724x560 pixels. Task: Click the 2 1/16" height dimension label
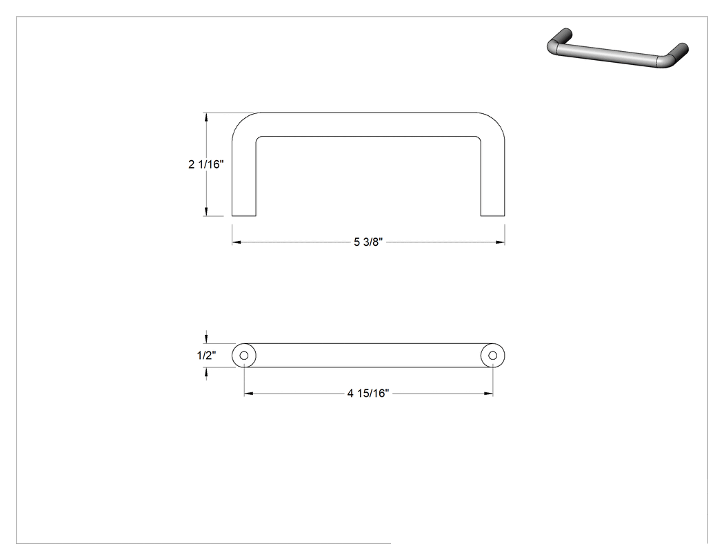[x=206, y=164]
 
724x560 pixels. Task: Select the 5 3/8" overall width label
[x=368, y=242]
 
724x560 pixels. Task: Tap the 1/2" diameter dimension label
[x=206, y=355]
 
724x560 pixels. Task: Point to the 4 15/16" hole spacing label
[x=368, y=393]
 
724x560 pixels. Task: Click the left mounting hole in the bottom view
[x=244, y=356]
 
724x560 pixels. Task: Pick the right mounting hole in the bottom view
[x=493, y=356]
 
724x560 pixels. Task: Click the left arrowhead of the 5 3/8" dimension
[x=237, y=242]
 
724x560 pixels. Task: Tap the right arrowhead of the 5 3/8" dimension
[x=500, y=242]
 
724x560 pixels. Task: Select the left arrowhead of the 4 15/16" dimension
[x=248, y=394]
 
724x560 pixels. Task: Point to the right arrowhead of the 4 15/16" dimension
[x=488, y=394]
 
